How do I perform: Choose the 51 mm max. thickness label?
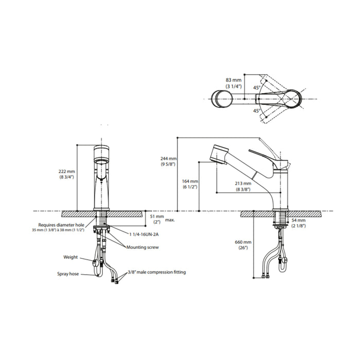[162, 219]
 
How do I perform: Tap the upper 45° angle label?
[257, 87]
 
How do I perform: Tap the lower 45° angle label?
[257, 111]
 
